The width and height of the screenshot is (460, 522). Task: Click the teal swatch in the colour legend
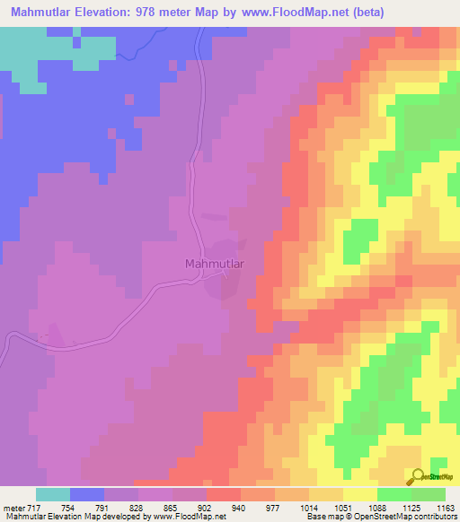(53, 494)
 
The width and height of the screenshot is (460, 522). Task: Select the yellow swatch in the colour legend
(360, 494)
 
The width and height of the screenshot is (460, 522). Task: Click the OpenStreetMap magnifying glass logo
(418, 477)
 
